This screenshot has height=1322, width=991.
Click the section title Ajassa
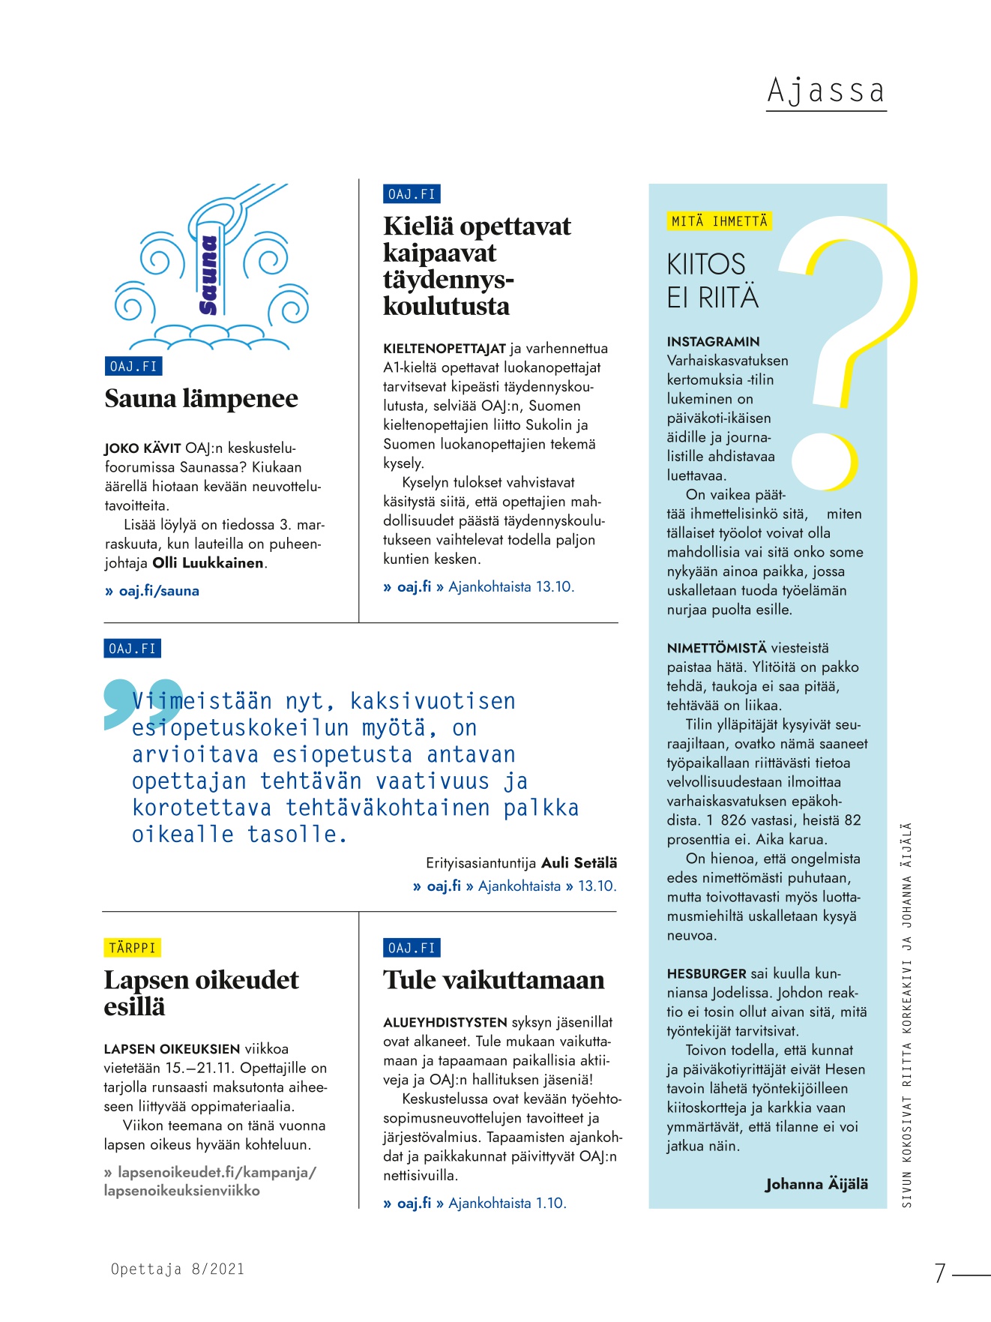pos(825,91)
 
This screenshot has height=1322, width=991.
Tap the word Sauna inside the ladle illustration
pos(208,275)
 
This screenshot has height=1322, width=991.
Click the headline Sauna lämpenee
pos(201,399)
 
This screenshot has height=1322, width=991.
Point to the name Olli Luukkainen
pos(208,563)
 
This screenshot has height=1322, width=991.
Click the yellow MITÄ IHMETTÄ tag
pos(719,221)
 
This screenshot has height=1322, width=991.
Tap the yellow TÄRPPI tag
pos(132,948)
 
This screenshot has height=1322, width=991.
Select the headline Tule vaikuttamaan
pos(493,980)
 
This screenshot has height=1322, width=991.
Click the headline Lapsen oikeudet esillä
pos(201,993)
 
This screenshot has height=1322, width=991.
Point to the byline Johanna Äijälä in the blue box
pos(816,1184)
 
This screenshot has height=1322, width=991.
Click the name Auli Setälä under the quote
pos(579,863)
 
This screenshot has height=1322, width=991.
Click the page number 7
pos(939,1273)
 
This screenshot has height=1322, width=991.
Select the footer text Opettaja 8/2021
pos(178,1269)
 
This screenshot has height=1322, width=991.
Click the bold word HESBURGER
pos(706,974)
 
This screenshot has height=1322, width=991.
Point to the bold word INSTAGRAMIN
pos(713,342)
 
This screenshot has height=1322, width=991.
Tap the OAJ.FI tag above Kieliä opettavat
pos(411,194)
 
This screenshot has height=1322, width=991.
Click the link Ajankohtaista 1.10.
pos(507,1204)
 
